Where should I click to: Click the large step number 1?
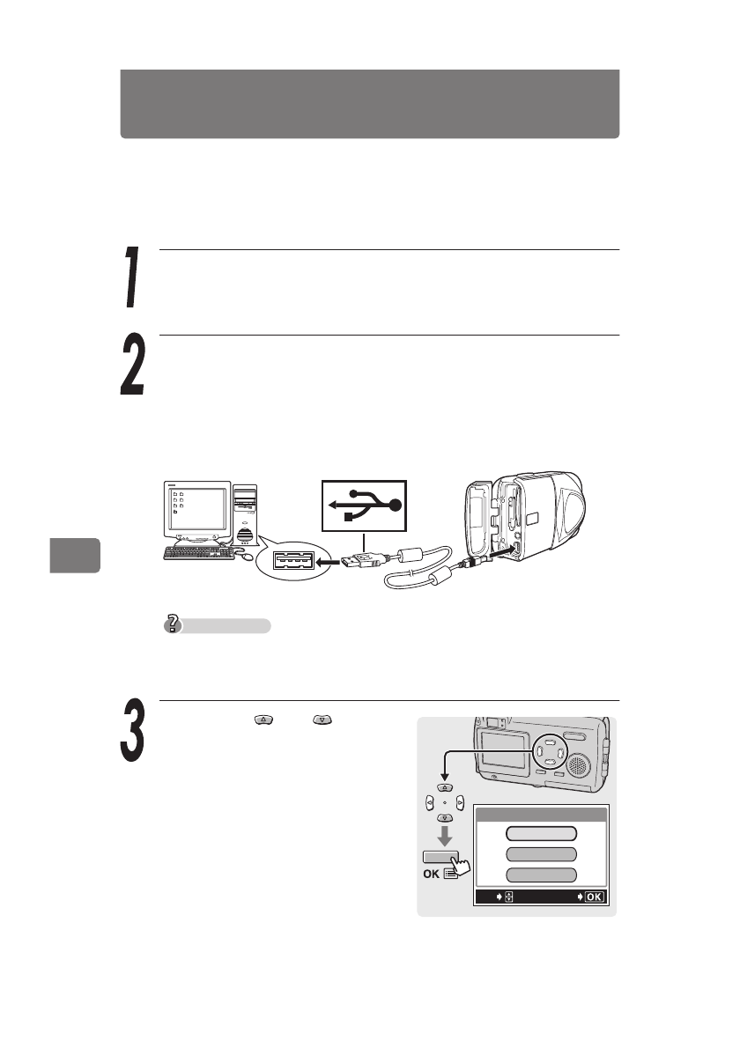point(132,278)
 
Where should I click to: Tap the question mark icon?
point(174,625)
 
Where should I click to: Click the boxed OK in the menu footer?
point(594,897)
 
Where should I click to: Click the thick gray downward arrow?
point(445,834)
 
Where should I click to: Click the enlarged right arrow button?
point(461,802)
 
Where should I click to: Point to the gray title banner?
point(369,104)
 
